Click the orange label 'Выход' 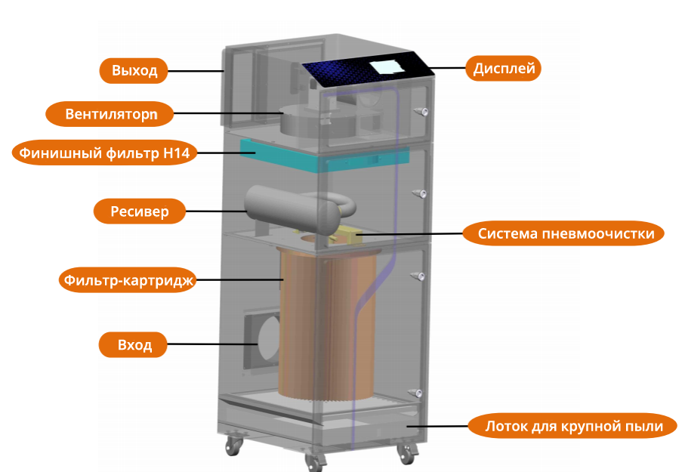tap(134, 71)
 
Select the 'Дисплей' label tap(504, 69)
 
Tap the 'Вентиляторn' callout tap(110, 115)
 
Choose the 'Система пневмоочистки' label tap(565, 233)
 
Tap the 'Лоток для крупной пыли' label tap(575, 427)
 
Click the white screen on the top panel tap(387, 66)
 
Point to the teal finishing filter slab tap(325, 155)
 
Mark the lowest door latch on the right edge tap(415, 392)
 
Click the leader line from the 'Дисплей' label tap(449, 69)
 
